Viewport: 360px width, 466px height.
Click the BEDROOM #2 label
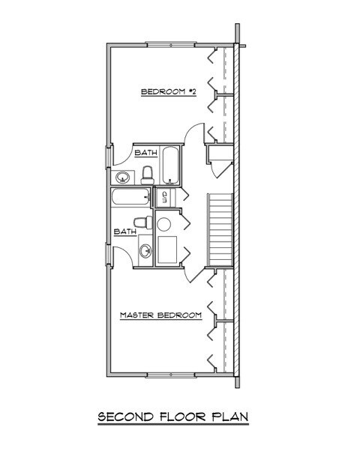pyautogui.click(x=169, y=92)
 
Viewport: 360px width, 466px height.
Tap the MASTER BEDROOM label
pyautogui.click(x=161, y=316)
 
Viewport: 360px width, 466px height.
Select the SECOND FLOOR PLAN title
pyautogui.click(x=172, y=416)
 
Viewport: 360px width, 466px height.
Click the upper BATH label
pyautogui.click(x=145, y=152)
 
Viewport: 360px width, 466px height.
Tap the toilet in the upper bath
pyautogui.click(x=148, y=175)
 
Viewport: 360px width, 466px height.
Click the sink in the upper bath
pyautogui.click(x=122, y=177)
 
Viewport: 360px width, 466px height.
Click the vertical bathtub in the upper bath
pyautogui.click(x=171, y=165)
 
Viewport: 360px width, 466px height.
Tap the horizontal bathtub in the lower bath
pyautogui.click(x=131, y=198)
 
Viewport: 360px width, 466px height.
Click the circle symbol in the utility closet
pyautogui.click(x=164, y=224)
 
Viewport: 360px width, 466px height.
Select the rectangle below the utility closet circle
pyautogui.click(x=166, y=250)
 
